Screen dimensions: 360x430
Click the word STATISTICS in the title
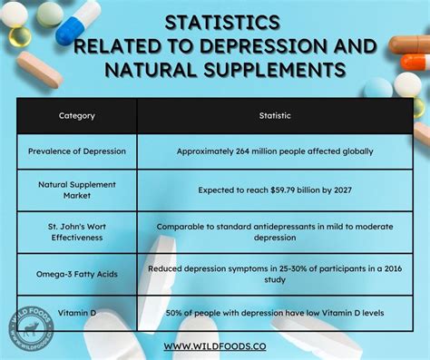(215, 22)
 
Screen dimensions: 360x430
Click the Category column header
(77, 116)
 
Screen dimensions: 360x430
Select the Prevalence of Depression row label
(77, 151)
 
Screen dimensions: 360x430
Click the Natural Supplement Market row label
(77, 190)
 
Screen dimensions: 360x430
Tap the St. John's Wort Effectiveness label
(77, 232)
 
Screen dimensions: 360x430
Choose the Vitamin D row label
(77, 311)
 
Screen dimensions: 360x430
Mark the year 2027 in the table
(337, 190)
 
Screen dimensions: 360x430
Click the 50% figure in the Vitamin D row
(176, 311)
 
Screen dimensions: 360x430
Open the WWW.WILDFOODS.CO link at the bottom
(214, 345)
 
